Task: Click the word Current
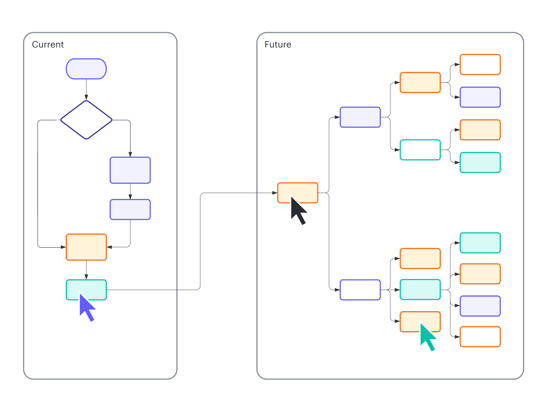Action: (48, 45)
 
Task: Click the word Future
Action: (278, 45)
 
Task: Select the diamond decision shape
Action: (86, 120)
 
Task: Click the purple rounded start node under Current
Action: (86, 69)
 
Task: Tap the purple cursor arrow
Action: (87, 306)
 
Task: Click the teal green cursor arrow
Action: (427, 336)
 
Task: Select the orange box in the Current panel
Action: (86, 247)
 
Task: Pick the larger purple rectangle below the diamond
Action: (130, 170)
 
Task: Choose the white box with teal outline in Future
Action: (420, 150)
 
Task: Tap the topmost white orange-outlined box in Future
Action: (480, 64)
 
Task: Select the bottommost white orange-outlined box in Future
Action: (480, 337)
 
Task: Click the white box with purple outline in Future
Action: (360, 290)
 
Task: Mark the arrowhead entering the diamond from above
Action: (86, 98)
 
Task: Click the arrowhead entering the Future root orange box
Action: (275, 193)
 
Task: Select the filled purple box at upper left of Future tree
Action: (360, 117)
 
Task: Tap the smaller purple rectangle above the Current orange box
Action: (130, 210)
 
